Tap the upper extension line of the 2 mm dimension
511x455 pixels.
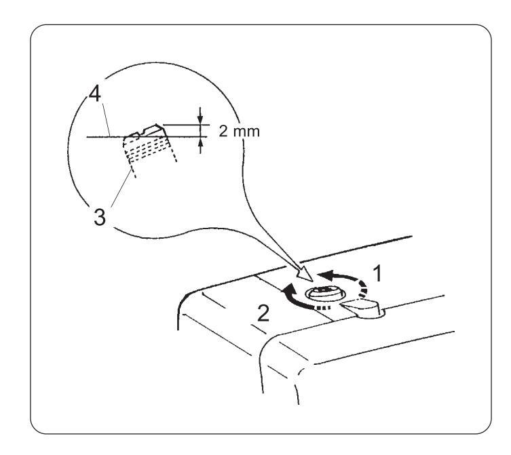183,124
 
